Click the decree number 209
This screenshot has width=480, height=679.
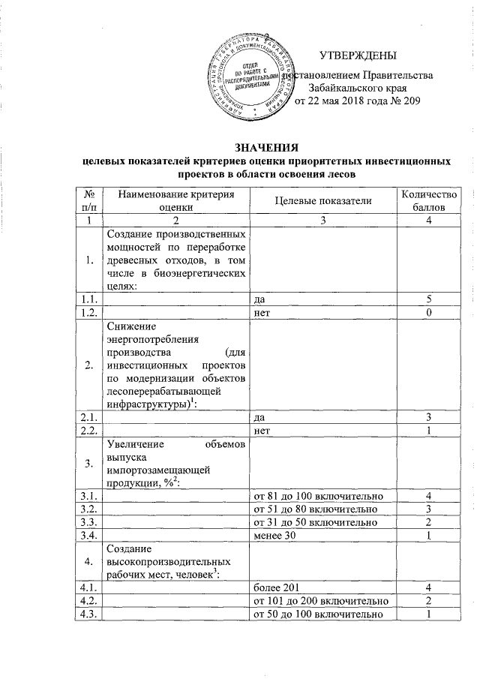pyautogui.click(x=409, y=101)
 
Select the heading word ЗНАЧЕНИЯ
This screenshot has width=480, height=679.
pyautogui.click(x=266, y=147)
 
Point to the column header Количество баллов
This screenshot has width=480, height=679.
pyautogui.click(x=424, y=200)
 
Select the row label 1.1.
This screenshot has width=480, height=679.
pyautogui.click(x=89, y=299)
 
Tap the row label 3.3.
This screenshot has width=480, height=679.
pyautogui.click(x=89, y=522)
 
